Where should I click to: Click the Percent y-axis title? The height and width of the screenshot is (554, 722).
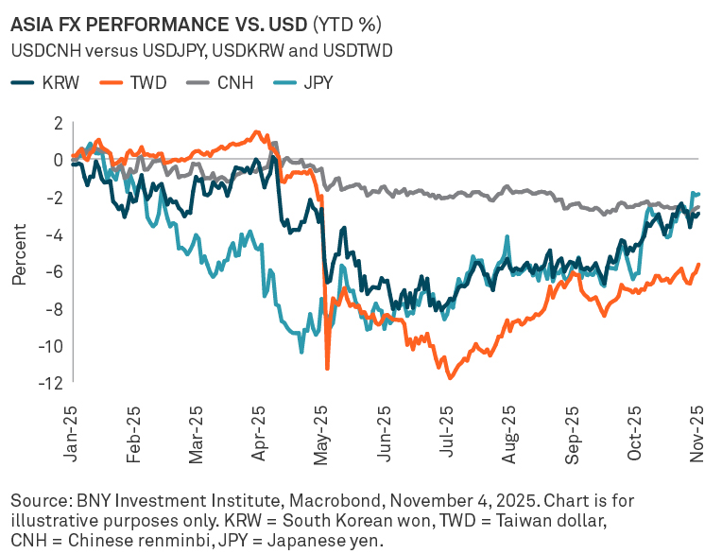[19, 253]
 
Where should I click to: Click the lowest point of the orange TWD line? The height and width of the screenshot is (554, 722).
[450, 378]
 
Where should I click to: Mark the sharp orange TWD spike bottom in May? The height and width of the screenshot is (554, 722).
[327, 369]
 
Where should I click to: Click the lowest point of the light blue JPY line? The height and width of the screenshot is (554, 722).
[301, 353]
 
